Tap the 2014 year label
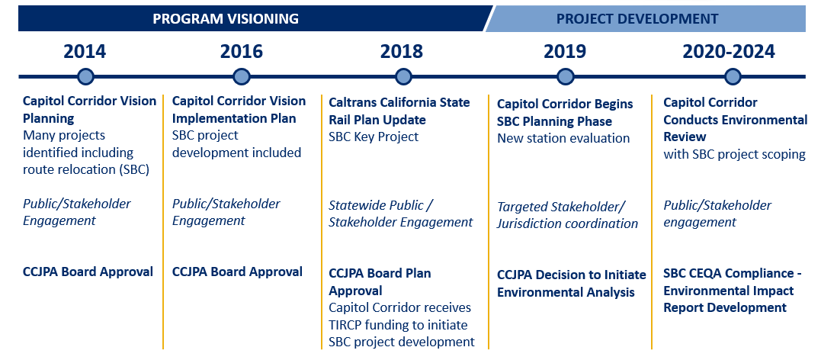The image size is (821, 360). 85,52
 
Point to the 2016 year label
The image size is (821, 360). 241,52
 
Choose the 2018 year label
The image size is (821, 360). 401,52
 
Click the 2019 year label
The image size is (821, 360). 565,52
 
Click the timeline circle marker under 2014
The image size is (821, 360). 86,76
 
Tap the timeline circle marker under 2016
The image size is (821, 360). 242,76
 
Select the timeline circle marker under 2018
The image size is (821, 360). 403,76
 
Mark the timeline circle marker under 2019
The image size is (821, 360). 566,76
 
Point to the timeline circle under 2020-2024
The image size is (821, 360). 733,76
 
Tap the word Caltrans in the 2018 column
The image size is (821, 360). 354,102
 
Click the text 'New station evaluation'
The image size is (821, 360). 563,138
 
